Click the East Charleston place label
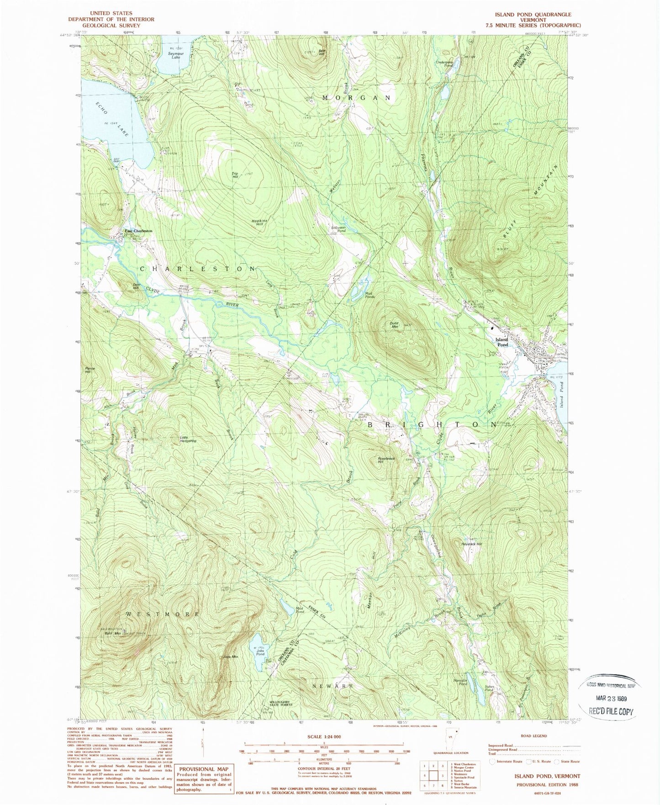click(x=138, y=231)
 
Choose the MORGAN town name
click(x=357, y=98)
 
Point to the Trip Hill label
click(x=235, y=175)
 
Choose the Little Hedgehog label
click(x=188, y=439)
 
